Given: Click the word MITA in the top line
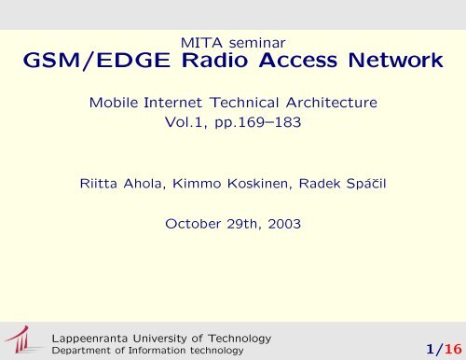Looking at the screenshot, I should tap(205, 41).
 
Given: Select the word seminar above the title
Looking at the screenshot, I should tap(254, 41).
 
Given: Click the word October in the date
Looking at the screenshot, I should tap(194, 224).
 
